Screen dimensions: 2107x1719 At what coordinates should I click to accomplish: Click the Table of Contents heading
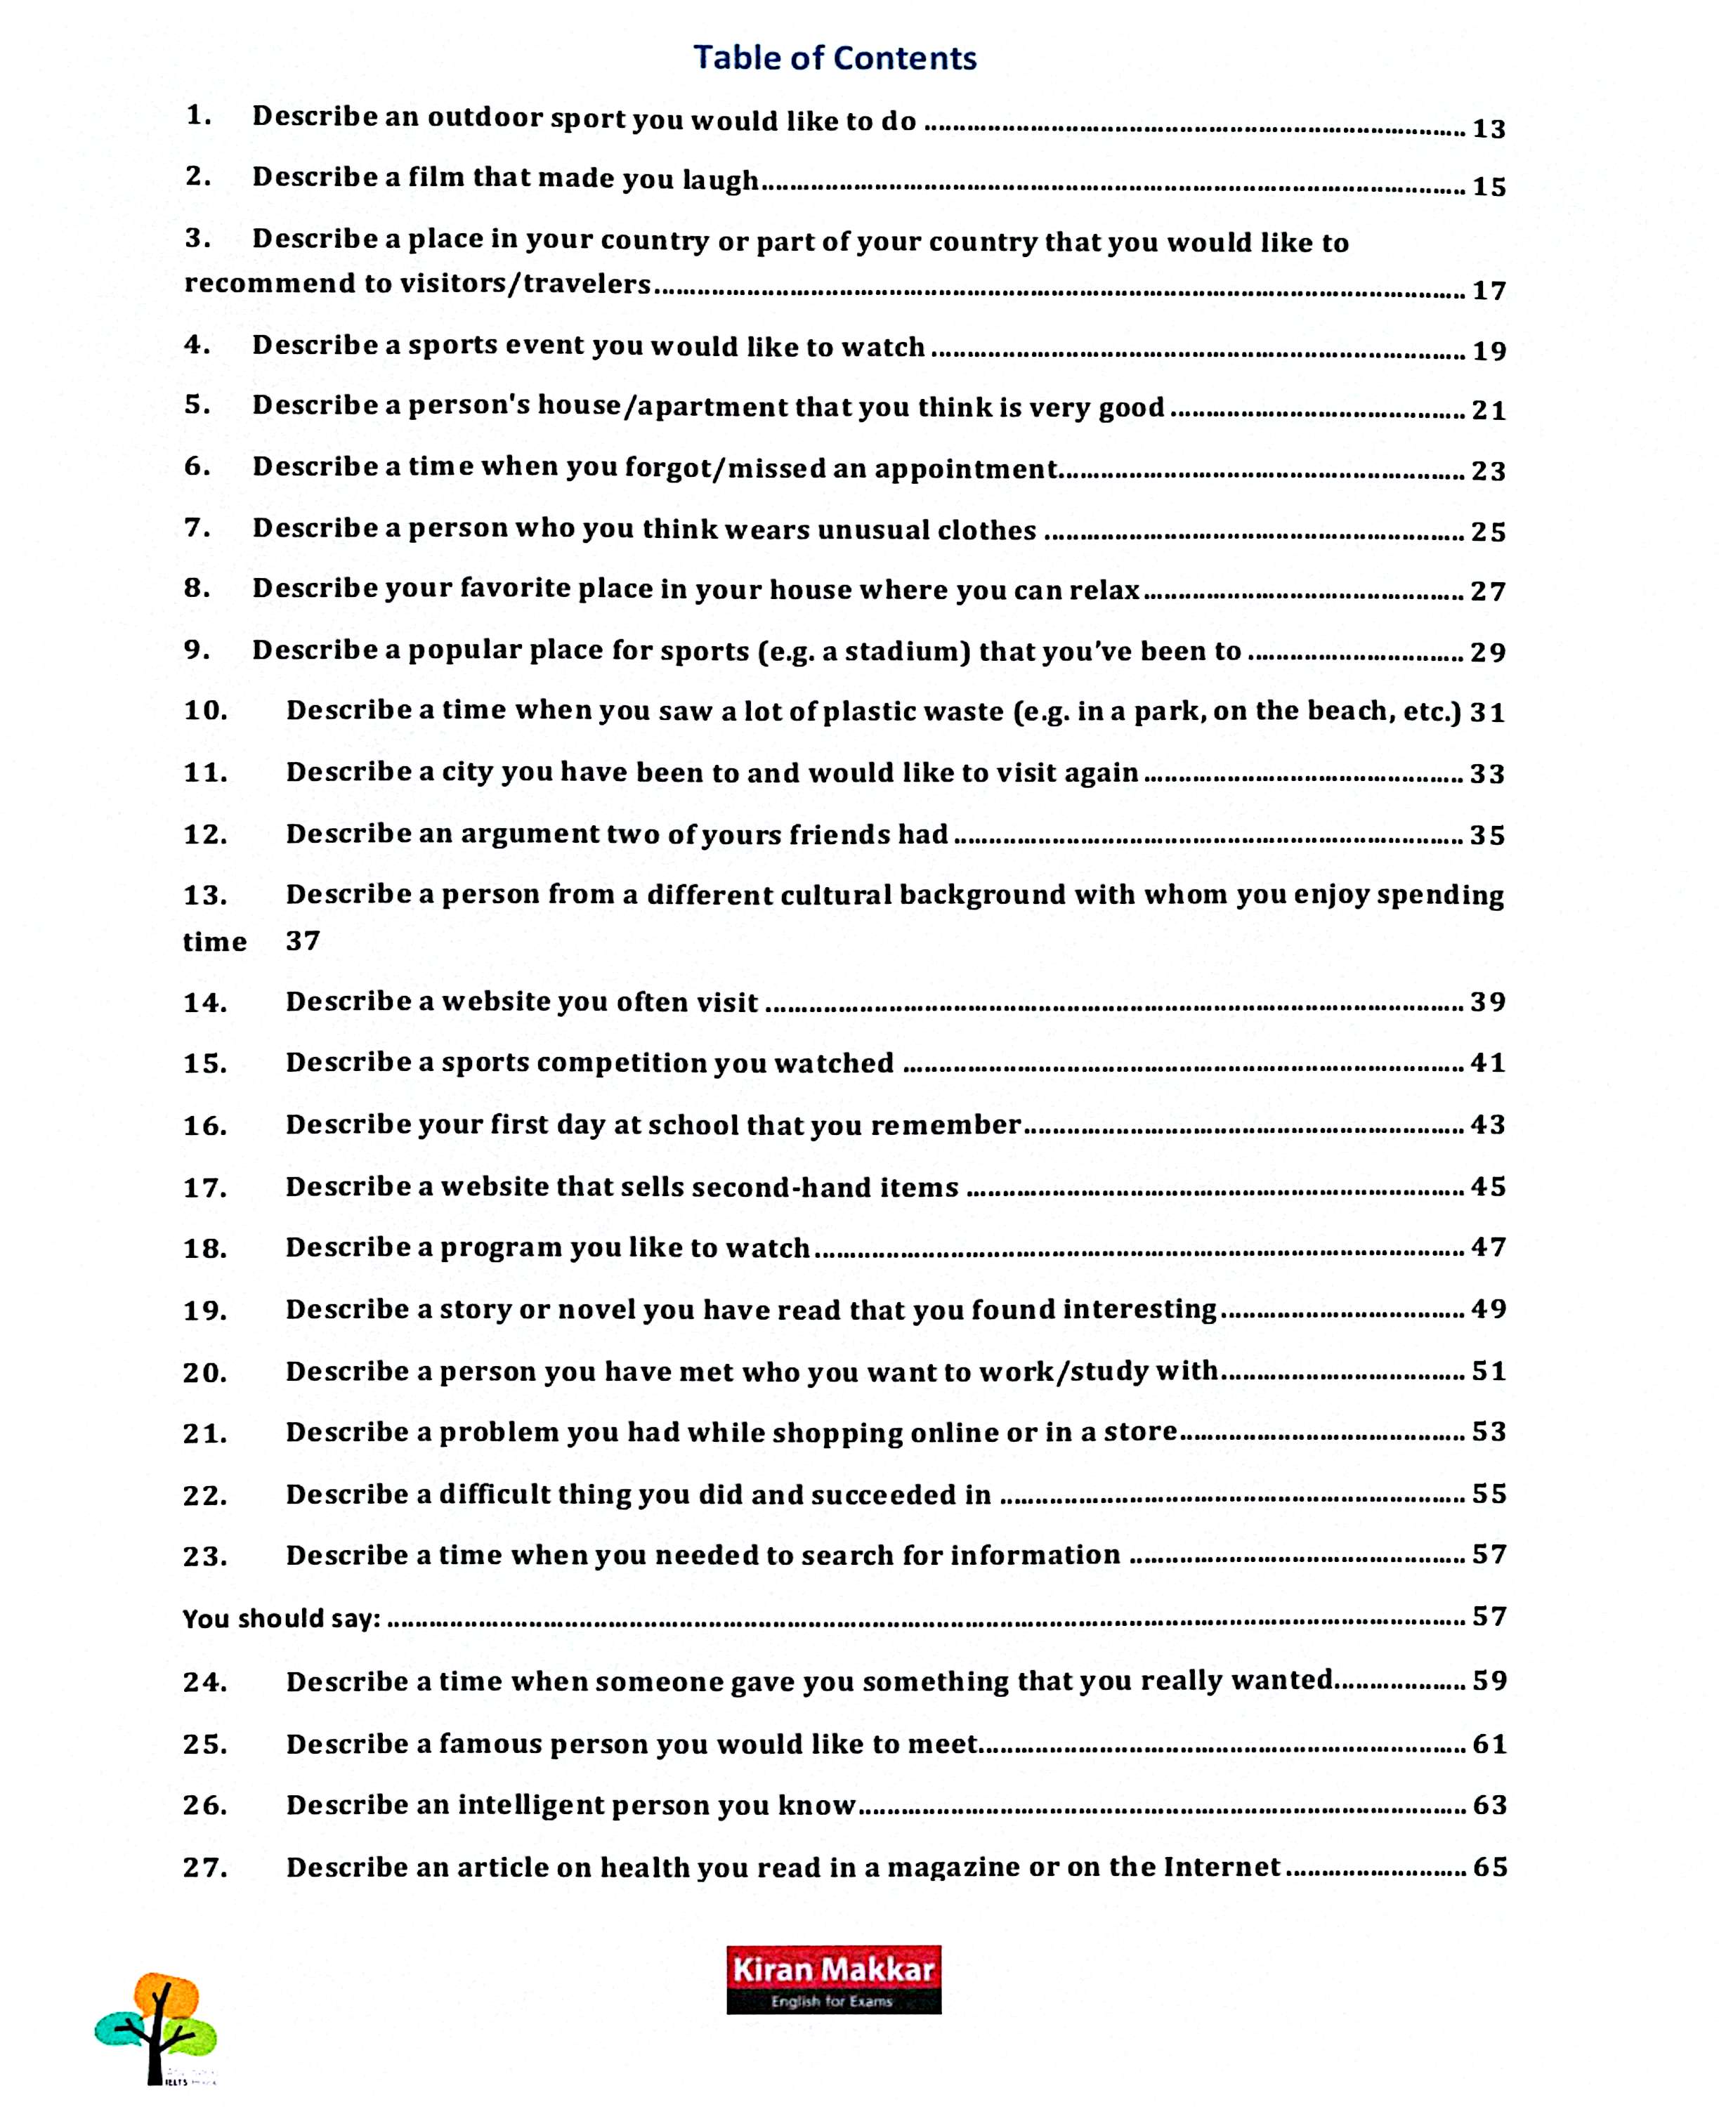pos(834,58)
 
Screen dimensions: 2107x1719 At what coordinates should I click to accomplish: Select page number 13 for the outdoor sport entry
pos(1489,129)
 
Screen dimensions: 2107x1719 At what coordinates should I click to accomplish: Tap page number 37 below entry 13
pos(303,940)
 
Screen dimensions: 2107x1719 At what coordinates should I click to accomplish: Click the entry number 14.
pos(205,1003)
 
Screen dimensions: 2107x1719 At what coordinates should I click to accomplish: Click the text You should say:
pos(281,1618)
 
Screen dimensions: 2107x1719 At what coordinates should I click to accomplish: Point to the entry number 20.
pos(205,1372)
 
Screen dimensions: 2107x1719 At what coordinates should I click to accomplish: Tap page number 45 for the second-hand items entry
pos(1489,1186)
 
